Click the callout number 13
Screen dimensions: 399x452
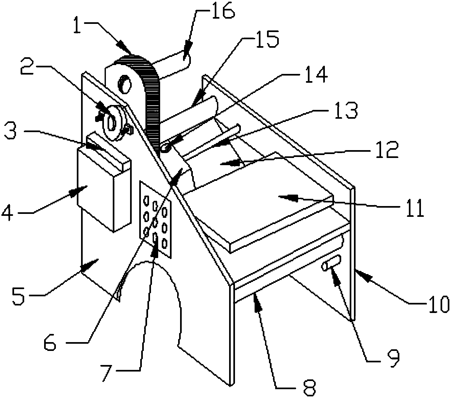(345, 110)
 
